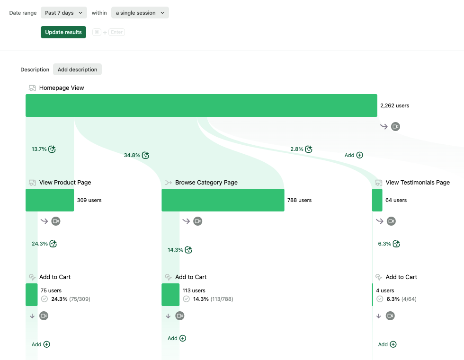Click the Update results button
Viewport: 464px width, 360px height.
click(63, 32)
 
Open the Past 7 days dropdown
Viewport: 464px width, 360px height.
click(63, 13)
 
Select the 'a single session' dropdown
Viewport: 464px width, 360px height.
click(140, 13)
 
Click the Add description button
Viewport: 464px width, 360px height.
click(77, 70)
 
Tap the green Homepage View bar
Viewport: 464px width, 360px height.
click(201, 105)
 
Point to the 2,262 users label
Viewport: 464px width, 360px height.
click(394, 105)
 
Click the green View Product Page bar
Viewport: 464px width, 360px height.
click(50, 200)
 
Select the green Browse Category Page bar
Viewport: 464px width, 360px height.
click(223, 200)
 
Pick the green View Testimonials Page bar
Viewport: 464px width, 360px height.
click(377, 200)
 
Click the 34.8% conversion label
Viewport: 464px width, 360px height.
click(132, 155)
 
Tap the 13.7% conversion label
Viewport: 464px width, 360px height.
click(39, 149)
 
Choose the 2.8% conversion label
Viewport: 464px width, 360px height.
click(297, 149)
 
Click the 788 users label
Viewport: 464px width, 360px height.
click(299, 200)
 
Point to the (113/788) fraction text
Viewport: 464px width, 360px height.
click(222, 299)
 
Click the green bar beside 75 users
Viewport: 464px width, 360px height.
click(31, 295)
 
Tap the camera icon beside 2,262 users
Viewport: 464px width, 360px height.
click(395, 126)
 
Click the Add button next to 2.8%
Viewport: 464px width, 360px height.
click(354, 155)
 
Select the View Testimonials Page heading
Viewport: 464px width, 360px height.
click(418, 183)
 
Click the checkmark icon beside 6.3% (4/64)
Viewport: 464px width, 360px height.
click(380, 299)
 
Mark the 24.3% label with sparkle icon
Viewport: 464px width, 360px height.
click(40, 244)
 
